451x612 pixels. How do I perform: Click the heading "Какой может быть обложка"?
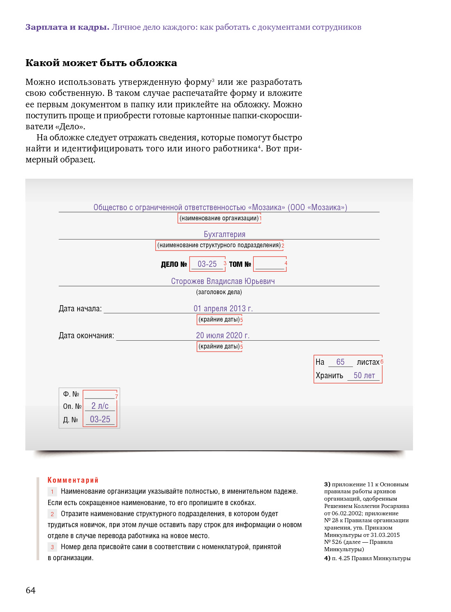(101, 63)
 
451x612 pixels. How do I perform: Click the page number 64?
(31, 590)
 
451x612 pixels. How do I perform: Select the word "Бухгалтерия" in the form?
(224, 234)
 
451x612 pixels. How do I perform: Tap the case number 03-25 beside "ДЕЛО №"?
(207, 264)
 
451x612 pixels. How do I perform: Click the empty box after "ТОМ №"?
(269, 264)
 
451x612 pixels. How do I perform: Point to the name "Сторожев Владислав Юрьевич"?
(223, 281)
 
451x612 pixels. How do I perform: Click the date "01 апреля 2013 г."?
(223, 308)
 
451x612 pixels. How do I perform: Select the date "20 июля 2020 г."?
(223, 335)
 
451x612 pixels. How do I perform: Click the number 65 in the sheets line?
(340, 362)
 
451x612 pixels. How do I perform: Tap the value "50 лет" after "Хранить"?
(364, 375)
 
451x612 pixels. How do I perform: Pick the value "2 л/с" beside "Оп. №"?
(100, 406)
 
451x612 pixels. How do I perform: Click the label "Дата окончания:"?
(86, 336)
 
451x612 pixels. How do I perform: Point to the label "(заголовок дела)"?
(219, 292)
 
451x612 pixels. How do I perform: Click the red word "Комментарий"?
(73, 480)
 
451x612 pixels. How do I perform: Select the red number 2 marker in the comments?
(52, 514)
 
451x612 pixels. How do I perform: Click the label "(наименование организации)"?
(219, 218)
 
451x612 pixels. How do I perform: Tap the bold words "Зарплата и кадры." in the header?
(67, 27)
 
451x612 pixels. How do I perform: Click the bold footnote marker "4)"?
(327, 558)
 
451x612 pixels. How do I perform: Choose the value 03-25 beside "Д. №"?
(100, 419)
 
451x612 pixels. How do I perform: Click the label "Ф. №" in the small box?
(71, 394)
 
